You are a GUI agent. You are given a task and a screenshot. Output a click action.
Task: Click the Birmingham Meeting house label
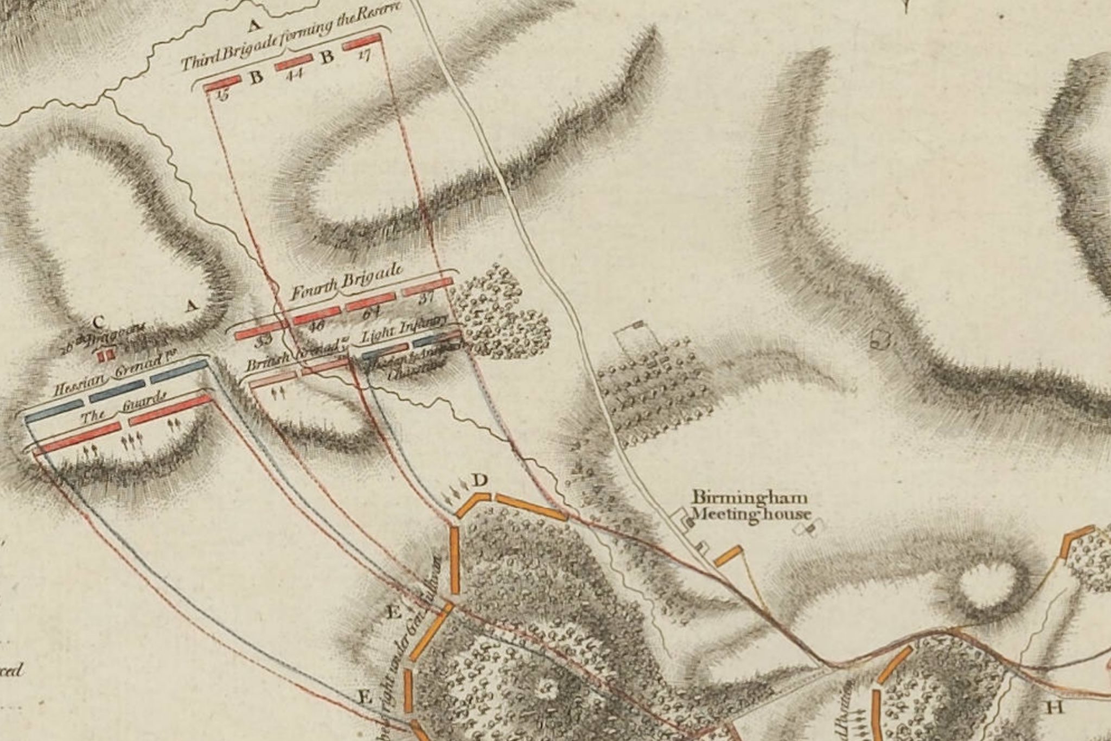[750, 506]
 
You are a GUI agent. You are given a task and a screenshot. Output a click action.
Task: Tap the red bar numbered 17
[361, 41]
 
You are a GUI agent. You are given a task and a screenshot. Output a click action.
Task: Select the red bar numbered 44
[293, 63]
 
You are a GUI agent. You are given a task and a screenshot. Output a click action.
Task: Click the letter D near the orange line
[480, 480]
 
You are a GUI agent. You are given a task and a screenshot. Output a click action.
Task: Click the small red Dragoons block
[106, 356]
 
